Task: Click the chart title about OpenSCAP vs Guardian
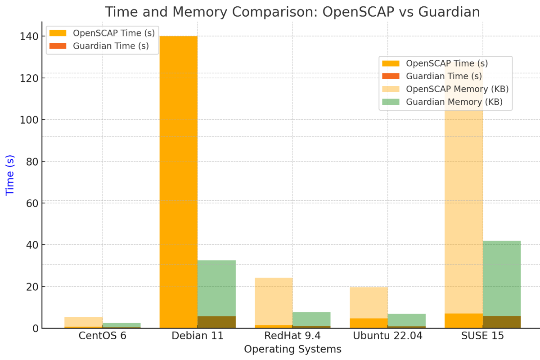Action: tap(292, 12)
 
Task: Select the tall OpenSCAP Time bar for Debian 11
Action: tap(178, 180)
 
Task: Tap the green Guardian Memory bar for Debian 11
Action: tap(216, 288)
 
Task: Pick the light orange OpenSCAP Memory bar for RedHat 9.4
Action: tap(274, 301)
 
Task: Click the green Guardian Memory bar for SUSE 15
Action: tap(501, 279)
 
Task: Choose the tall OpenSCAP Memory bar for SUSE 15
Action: tap(463, 202)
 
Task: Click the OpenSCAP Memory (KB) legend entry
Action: tap(457, 89)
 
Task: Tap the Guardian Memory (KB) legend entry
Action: tap(454, 102)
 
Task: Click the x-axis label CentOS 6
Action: tap(102, 336)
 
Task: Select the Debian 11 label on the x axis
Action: tap(198, 336)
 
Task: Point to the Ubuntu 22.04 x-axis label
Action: tap(387, 336)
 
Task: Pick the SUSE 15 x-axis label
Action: tap(482, 336)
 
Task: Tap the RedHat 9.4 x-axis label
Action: tap(292, 336)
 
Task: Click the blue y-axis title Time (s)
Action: tap(10, 175)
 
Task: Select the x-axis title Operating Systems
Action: tap(292, 349)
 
